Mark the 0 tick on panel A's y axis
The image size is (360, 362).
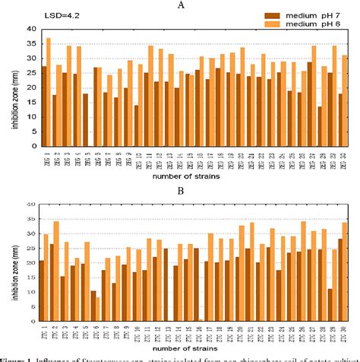point(31,148)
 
